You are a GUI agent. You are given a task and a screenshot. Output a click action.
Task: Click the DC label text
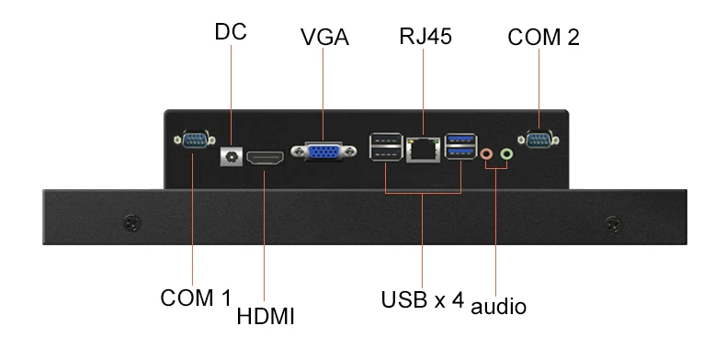coord(231,32)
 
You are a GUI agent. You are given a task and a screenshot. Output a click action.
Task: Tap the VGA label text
coord(324,37)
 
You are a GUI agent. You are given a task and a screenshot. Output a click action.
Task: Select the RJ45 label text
coord(425,36)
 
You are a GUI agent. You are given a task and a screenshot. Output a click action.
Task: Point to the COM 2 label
coord(543,37)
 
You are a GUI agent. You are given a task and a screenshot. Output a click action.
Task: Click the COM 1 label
coord(196,298)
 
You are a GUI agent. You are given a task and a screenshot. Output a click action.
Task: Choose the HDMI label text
coord(266,317)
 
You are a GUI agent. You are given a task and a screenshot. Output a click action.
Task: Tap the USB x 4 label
coord(422,299)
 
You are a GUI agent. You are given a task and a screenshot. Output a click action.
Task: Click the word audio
coord(498,307)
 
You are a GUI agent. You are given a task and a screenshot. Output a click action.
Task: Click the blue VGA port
coord(323,151)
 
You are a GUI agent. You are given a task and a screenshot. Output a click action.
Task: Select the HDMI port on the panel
coord(265,158)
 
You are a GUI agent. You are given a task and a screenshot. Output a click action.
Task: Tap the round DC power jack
coord(231,157)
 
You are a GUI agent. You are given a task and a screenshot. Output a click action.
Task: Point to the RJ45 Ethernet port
coord(423,149)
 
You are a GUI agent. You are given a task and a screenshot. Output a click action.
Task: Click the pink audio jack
coord(486,153)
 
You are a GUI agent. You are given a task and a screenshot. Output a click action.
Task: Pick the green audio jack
coord(507,153)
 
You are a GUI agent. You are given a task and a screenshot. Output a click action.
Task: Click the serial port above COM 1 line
coord(195,140)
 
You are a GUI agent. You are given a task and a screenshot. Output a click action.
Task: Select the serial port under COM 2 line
coord(539,140)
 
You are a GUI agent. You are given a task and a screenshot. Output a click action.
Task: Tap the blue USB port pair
coord(460,146)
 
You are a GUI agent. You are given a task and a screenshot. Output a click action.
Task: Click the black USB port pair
coord(387,146)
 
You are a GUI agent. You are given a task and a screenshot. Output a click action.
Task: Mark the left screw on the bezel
coord(132,224)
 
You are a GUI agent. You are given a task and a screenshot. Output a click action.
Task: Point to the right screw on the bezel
coord(614,224)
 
